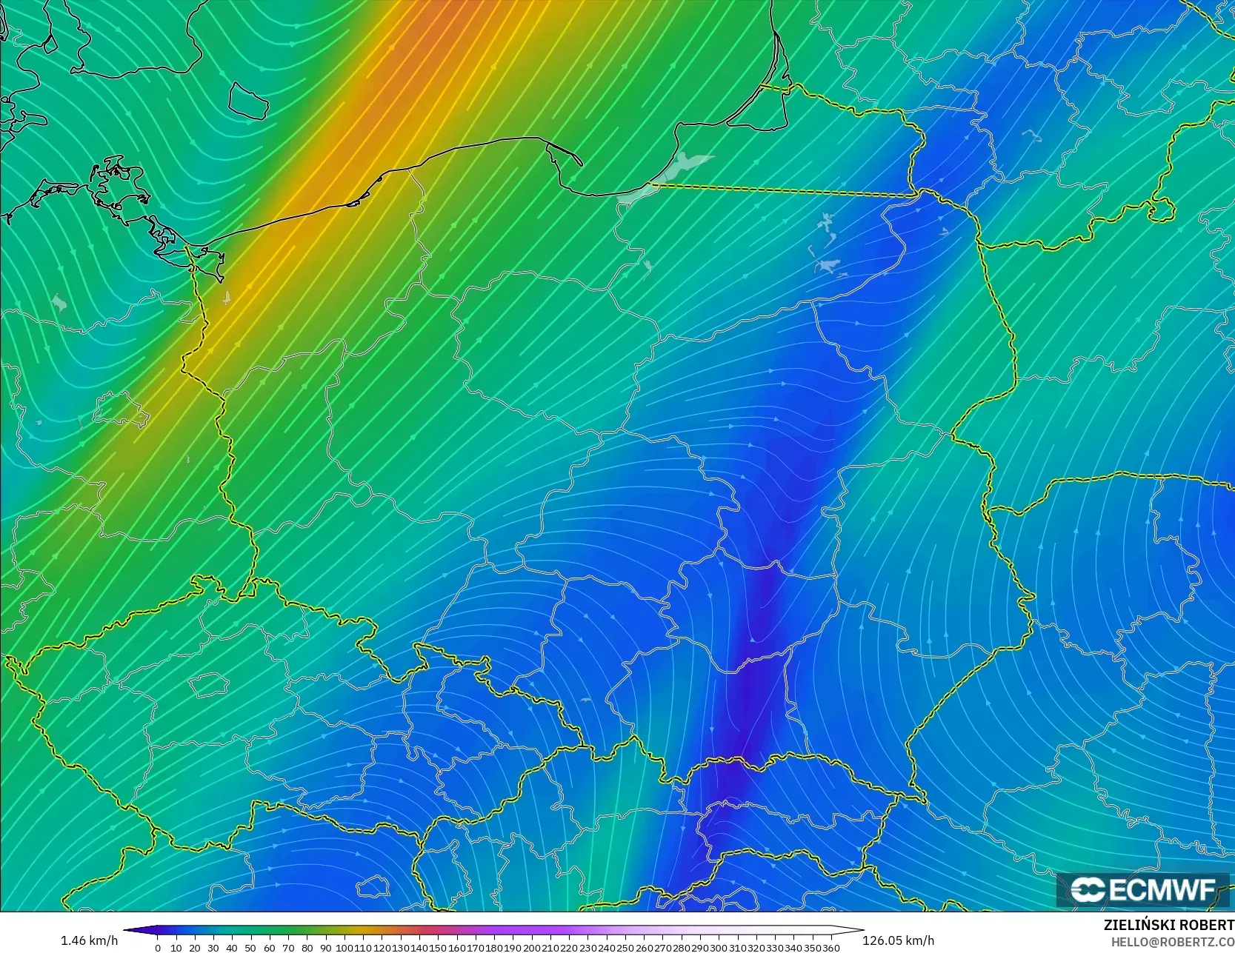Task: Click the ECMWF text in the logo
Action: pyautogui.click(x=1162, y=890)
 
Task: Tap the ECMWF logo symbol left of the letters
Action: pyautogui.click(x=1088, y=890)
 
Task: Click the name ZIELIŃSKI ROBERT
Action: pyautogui.click(x=1168, y=925)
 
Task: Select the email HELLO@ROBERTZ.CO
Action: pyautogui.click(x=1172, y=940)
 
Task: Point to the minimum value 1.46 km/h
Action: pyautogui.click(x=89, y=940)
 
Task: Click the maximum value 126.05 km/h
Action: pyautogui.click(x=898, y=940)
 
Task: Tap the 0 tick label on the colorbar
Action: pyautogui.click(x=158, y=948)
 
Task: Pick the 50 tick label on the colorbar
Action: pyautogui.click(x=250, y=948)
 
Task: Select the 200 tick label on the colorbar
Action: pyautogui.click(x=531, y=948)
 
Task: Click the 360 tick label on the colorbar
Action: pyautogui.click(x=830, y=948)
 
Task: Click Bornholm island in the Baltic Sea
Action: pyautogui.click(x=247, y=100)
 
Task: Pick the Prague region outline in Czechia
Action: pyautogui.click(x=207, y=685)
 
